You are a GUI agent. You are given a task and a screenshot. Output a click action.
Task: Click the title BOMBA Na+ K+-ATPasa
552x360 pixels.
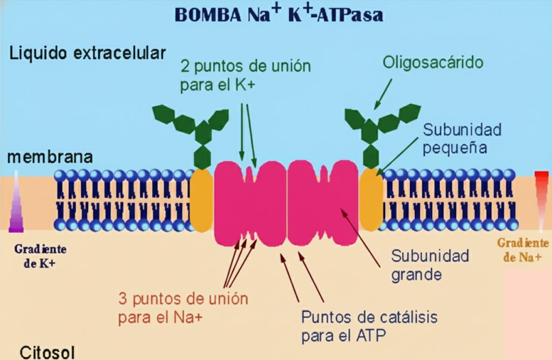tap(276, 15)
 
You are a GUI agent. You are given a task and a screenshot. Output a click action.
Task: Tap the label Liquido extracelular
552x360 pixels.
tap(87, 53)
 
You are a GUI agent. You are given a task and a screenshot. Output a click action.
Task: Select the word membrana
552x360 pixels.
tap(50, 157)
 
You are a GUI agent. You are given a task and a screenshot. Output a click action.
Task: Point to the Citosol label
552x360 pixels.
tap(47, 351)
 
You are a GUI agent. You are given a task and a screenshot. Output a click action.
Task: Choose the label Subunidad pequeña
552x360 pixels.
tap(462, 139)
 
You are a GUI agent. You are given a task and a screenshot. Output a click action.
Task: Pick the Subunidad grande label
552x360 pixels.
tap(431, 264)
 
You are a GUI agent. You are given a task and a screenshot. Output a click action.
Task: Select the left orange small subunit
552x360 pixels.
tap(202, 200)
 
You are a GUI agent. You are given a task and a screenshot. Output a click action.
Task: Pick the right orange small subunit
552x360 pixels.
tap(370, 200)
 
